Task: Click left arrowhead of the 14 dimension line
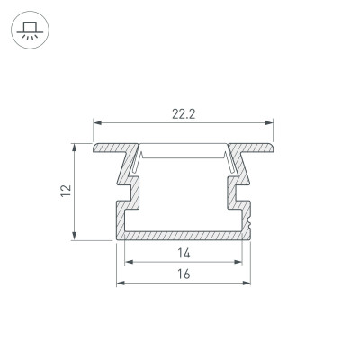point(127,262)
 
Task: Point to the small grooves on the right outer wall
point(249,218)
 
